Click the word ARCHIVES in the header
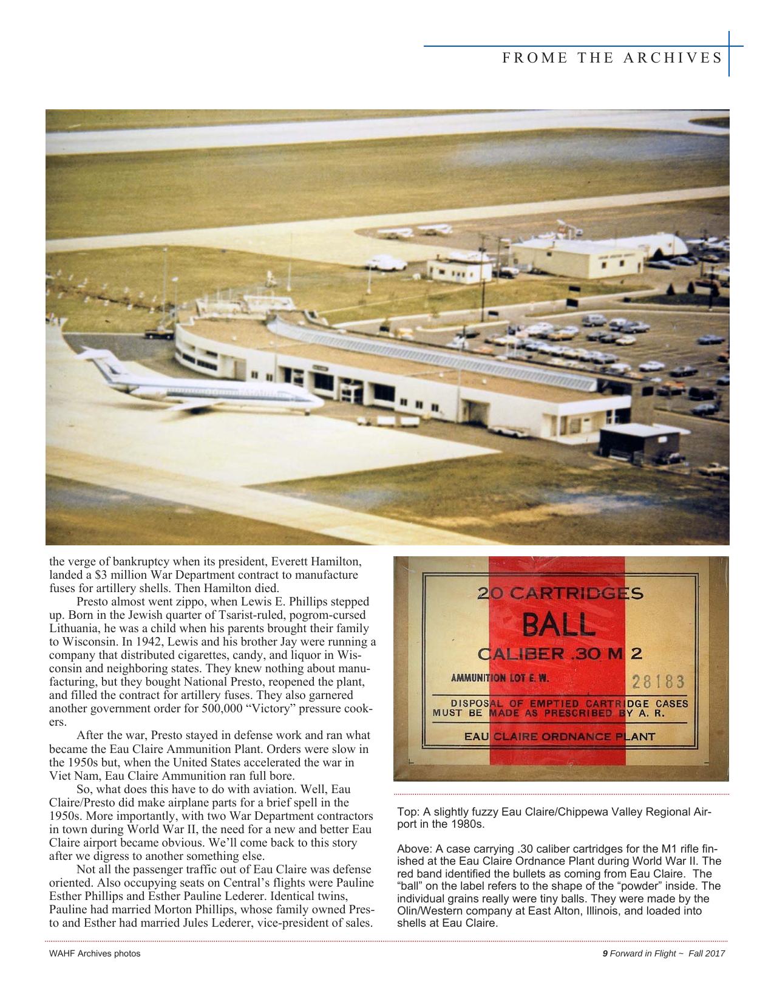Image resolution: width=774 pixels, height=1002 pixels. point(678,58)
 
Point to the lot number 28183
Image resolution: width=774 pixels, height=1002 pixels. point(658,681)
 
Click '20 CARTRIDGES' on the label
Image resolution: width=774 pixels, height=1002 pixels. point(560,593)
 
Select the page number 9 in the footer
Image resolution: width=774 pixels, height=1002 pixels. point(605,953)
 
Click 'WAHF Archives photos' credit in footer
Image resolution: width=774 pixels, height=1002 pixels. point(94,953)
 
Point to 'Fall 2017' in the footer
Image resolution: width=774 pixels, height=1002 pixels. point(711,953)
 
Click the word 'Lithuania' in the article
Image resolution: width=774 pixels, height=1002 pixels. point(73,628)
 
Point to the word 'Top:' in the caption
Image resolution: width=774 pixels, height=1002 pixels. point(406,812)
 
